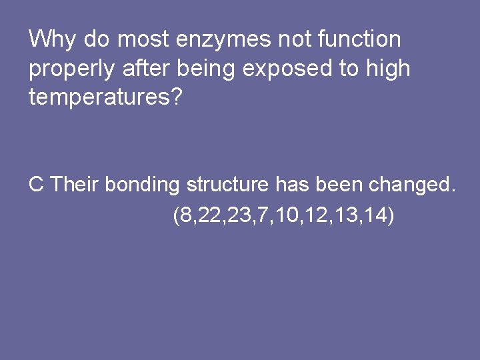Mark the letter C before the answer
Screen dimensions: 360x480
[x=36, y=185]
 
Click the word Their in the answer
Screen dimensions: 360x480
[x=74, y=185]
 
